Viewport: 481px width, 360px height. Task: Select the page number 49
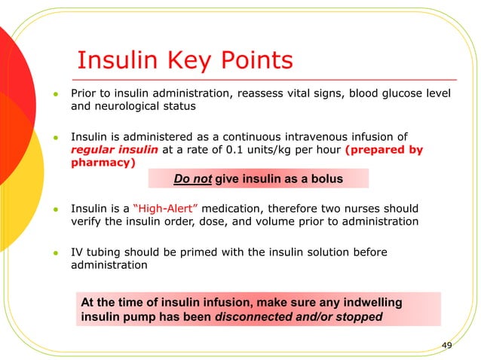pyautogui.click(x=446, y=345)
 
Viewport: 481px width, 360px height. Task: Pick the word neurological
pyautogui.click(x=130, y=106)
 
